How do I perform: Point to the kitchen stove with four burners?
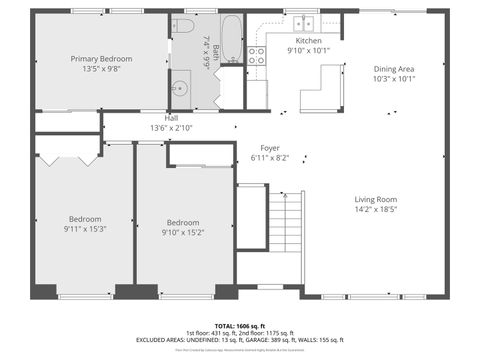(256, 55)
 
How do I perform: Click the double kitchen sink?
(301, 22)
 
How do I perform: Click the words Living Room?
(375, 199)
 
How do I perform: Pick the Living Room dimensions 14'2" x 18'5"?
(375, 209)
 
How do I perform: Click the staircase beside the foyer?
(286, 238)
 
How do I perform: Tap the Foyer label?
(271, 147)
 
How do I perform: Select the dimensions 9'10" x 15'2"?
(183, 233)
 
